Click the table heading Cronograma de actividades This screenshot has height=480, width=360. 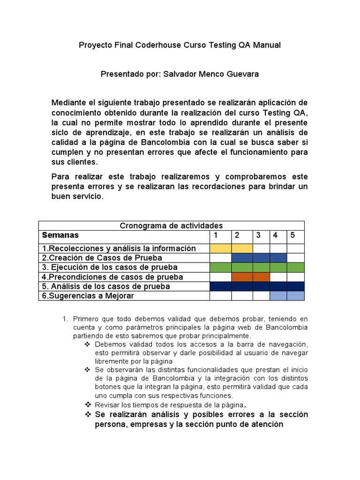click(x=171, y=225)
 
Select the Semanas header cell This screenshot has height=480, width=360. click(x=60, y=235)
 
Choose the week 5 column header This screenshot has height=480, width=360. click(x=292, y=235)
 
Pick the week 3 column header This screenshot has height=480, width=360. click(x=258, y=235)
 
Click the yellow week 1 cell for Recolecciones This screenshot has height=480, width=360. click(x=220, y=248)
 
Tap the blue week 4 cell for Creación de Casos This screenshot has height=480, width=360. click(x=278, y=258)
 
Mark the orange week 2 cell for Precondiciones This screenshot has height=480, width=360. click(x=242, y=277)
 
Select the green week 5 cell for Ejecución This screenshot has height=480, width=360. click(x=295, y=267)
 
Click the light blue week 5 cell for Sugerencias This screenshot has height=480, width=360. click(x=295, y=296)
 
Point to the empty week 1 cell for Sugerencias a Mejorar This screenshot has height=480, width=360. click(x=220, y=296)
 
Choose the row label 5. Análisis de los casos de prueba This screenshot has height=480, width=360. click(x=106, y=286)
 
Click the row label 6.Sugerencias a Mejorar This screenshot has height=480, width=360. click(x=88, y=296)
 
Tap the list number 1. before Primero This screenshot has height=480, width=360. click(x=65, y=319)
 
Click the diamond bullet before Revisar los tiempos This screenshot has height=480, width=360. click(x=87, y=404)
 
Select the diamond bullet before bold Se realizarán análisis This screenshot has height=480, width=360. click(x=87, y=415)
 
